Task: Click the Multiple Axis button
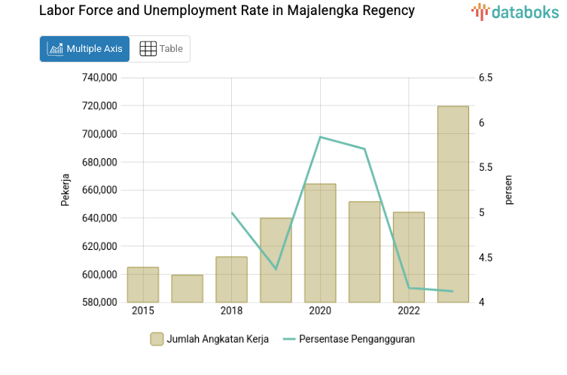84,49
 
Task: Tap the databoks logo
515,11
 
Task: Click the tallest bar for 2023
453,203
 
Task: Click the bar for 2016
187,288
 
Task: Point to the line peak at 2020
321,137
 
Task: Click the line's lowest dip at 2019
276,269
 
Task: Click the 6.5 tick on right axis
485,78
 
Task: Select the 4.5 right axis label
485,258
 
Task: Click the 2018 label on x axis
231,311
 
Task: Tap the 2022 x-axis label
409,311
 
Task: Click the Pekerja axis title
66,190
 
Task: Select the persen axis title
508,190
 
